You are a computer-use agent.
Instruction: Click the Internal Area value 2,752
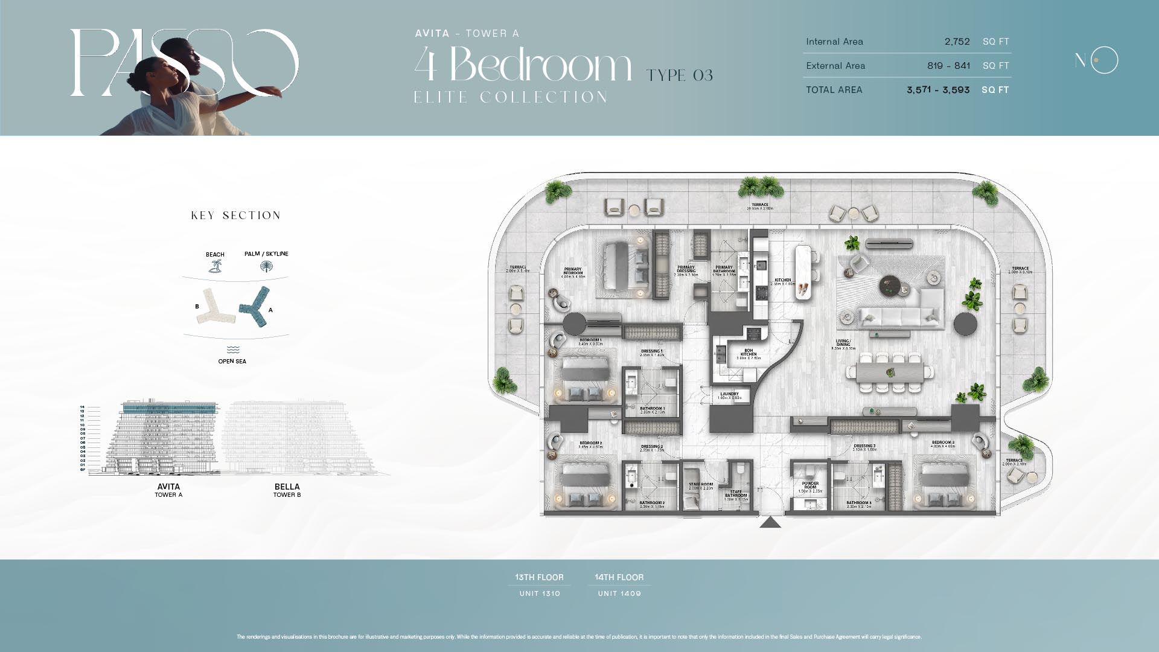point(957,42)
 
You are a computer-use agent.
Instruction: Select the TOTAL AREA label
point(834,90)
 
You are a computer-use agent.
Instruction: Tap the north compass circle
point(1104,60)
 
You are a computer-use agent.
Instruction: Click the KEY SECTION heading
point(235,216)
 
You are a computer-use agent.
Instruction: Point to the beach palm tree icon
point(215,266)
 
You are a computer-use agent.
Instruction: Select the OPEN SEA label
point(232,361)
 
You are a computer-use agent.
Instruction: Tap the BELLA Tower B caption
point(287,490)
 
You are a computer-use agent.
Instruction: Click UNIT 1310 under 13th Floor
point(540,593)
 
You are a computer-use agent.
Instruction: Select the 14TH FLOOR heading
point(619,577)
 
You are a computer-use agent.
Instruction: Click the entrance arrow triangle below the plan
point(770,522)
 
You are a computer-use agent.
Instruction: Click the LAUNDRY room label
point(729,395)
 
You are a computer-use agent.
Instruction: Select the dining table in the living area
point(889,372)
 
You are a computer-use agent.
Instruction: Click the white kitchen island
point(803,272)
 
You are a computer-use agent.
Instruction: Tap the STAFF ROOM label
point(701,485)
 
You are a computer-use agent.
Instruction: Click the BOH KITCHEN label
point(749,354)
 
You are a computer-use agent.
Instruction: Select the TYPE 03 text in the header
point(679,75)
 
